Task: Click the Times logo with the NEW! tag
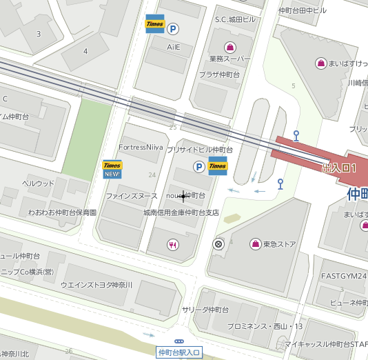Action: [x=112, y=169]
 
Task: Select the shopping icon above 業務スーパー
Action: [x=229, y=46]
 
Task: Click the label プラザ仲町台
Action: [x=219, y=74]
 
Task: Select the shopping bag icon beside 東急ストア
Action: [x=256, y=244]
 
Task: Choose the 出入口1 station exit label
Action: [x=339, y=168]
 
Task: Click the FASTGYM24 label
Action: [x=344, y=275]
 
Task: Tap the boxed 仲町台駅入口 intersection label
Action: [x=179, y=352]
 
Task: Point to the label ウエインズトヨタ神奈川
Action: [x=96, y=284]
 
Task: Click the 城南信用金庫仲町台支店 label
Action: [x=181, y=213]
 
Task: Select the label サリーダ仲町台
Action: [x=205, y=310]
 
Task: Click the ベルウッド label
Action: [x=39, y=183]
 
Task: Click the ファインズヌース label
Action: [x=132, y=197]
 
